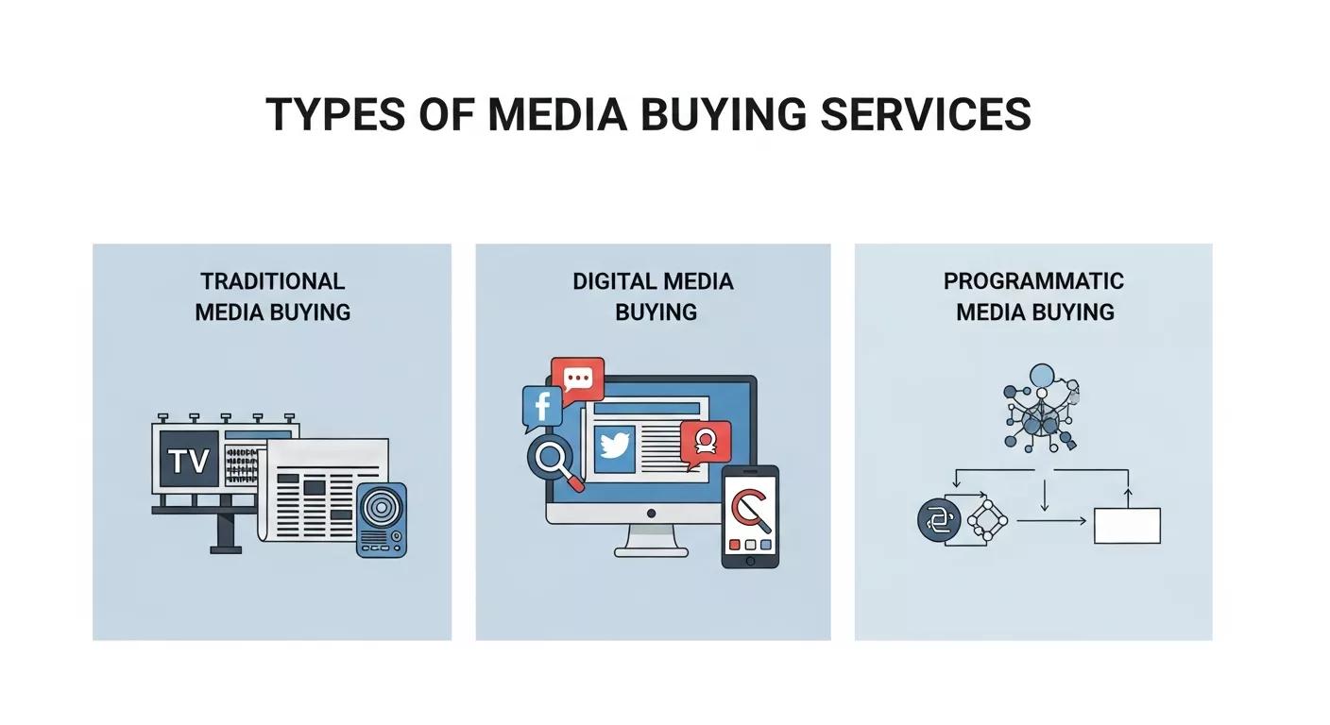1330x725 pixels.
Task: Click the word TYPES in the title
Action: coord(321,114)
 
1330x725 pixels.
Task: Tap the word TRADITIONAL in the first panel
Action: coord(272,281)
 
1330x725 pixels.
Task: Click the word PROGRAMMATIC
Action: coord(1033,281)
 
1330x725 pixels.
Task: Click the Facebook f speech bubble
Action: coord(541,407)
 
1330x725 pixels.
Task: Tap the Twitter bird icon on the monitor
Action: coord(614,447)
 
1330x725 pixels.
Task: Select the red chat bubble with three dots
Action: coord(577,379)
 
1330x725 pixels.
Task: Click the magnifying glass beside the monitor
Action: coord(550,459)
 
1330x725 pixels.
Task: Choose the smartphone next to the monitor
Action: coord(750,515)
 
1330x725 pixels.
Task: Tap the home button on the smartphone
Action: coord(750,561)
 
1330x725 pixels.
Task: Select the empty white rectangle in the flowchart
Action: coord(1127,525)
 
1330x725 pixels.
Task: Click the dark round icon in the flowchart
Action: coord(938,520)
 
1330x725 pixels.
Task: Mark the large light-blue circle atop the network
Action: coord(1041,377)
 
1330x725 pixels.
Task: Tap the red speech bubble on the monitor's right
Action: coord(705,442)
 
